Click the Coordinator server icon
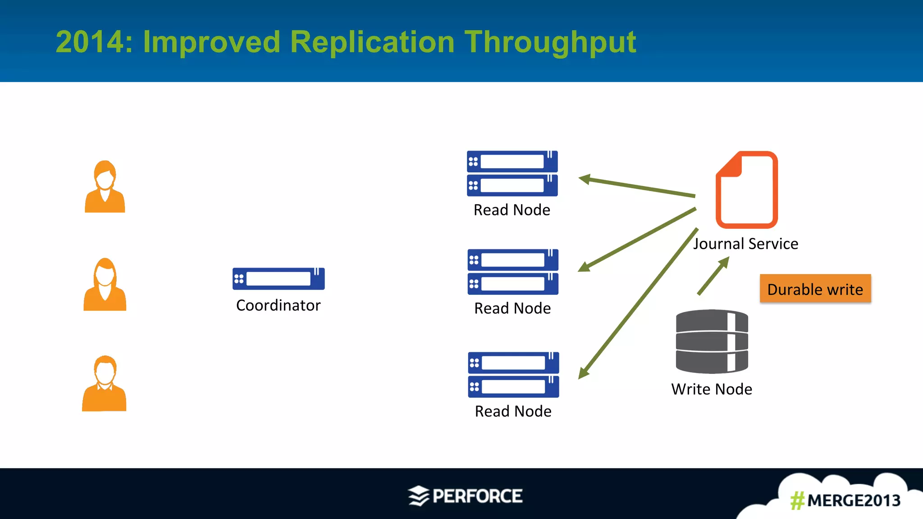(x=279, y=278)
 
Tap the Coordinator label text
(x=278, y=305)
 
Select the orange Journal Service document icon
(x=747, y=190)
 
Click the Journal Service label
(x=745, y=244)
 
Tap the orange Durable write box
(x=815, y=289)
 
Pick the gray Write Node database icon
(x=712, y=341)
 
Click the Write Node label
(x=711, y=389)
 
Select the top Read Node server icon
(x=512, y=173)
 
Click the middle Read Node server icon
(x=513, y=272)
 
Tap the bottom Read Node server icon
(x=513, y=374)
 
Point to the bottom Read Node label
(x=513, y=411)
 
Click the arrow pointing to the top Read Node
(x=636, y=187)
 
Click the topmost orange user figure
(x=105, y=187)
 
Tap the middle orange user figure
(x=105, y=285)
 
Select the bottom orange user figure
(x=105, y=384)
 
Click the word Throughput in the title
(x=550, y=42)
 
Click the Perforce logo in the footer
(x=466, y=496)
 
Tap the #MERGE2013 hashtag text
(x=845, y=501)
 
